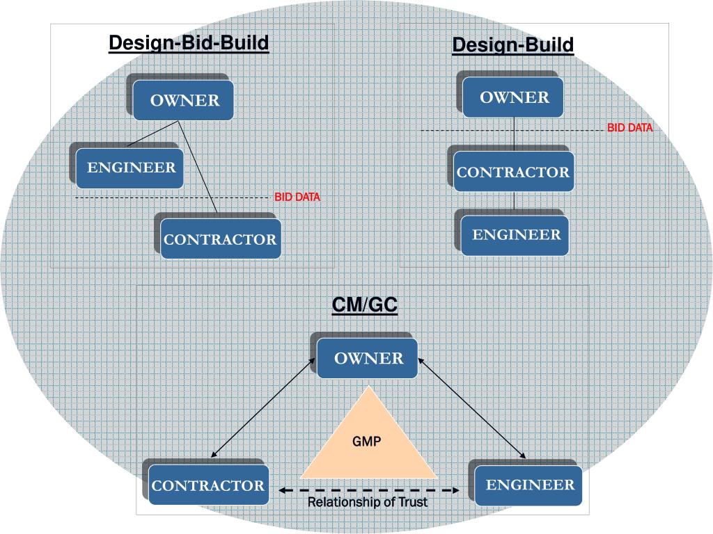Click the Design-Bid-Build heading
click(x=189, y=43)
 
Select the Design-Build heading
click(x=513, y=45)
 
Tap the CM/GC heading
click(x=364, y=305)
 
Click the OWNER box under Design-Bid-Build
click(x=185, y=100)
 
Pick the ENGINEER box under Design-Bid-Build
click(x=131, y=168)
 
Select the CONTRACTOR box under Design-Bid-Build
click(x=220, y=239)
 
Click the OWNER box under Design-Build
click(x=515, y=97)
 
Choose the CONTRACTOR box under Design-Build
click(x=513, y=172)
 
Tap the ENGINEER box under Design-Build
click(x=516, y=235)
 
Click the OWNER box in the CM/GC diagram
click(x=368, y=358)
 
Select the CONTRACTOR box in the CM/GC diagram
click(x=208, y=485)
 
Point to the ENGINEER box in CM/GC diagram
click(x=530, y=484)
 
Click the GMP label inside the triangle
click(x=366, y=441)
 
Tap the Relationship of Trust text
click(x=368, y=502)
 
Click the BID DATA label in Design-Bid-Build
click(x=297, y=197)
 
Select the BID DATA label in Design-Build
click(x=630, y=128)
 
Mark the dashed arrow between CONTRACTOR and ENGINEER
click(x=369, y=490)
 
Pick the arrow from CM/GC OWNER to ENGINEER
click(x=472, y=409)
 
